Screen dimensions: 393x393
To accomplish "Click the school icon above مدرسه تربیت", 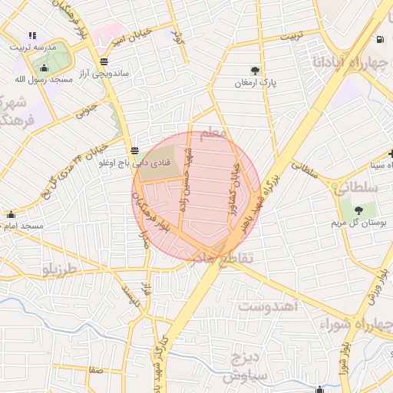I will (31, 35).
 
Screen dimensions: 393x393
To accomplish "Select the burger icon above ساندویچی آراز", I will (104, 62).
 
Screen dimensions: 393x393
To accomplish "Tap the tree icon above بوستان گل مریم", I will (358, 210).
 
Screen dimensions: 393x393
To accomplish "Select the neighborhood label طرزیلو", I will (61, 270).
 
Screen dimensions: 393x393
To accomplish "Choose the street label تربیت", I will (292, 36).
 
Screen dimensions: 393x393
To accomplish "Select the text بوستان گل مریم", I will (358, 223).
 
